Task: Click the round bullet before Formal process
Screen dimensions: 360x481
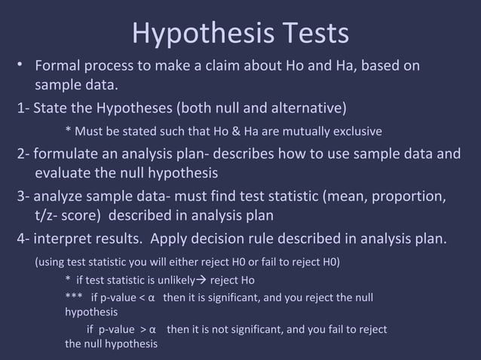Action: pyautogui.click(x=22, y=65)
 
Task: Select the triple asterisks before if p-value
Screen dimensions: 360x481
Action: pyautogui.click(x=74, y=297)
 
